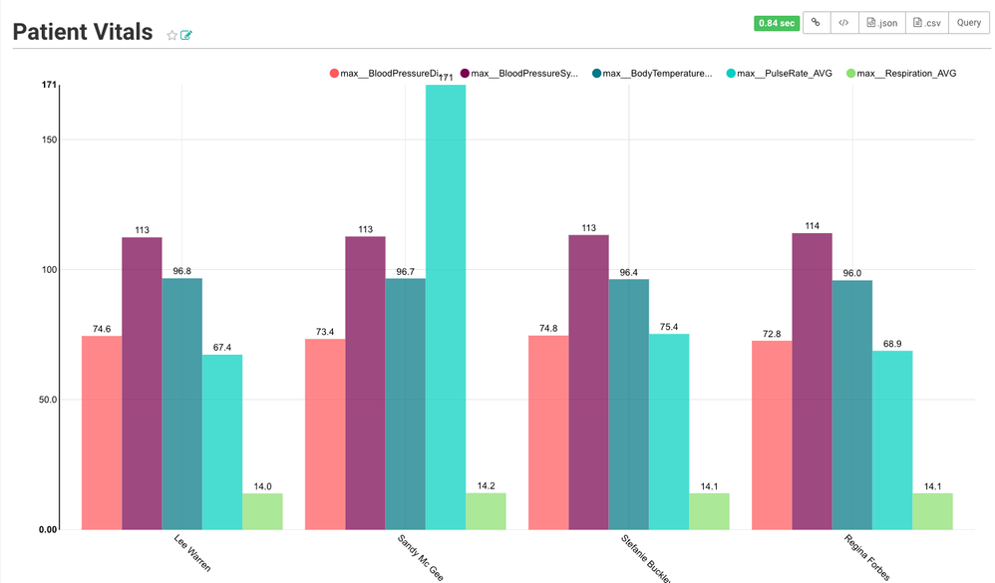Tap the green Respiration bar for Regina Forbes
point(932,511)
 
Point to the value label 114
point(813,226)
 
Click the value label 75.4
point(669,327)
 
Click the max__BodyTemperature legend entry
point(652,73)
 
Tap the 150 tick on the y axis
point(46,140)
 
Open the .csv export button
point(926,22)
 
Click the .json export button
point(882,22)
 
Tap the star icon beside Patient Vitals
point(171,35)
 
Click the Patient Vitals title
point(83,32)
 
